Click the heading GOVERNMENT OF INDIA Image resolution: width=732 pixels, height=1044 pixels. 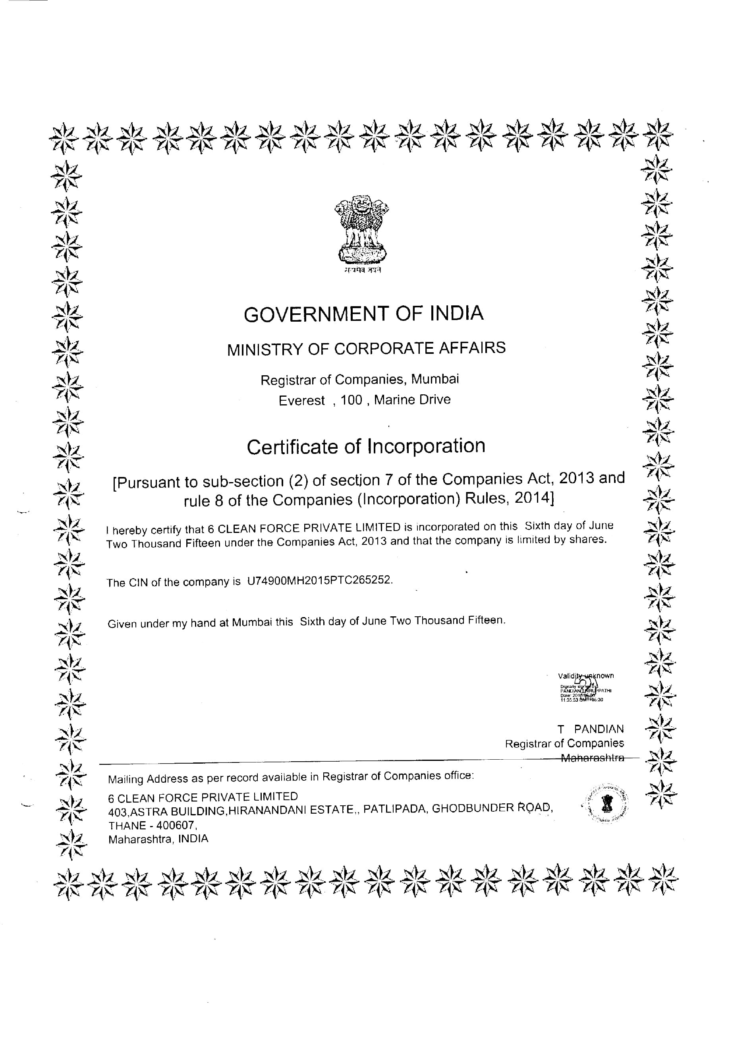(363, 314)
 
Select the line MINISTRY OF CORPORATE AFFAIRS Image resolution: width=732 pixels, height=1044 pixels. (366, 349)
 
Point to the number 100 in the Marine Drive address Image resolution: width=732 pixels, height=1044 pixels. (351, 400)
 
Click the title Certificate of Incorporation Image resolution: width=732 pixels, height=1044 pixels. (366, 446)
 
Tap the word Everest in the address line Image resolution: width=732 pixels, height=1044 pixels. (301, 401)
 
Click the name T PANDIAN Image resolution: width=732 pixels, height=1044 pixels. (591, 729)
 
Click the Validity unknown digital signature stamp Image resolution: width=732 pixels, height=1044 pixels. (585, 687)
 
